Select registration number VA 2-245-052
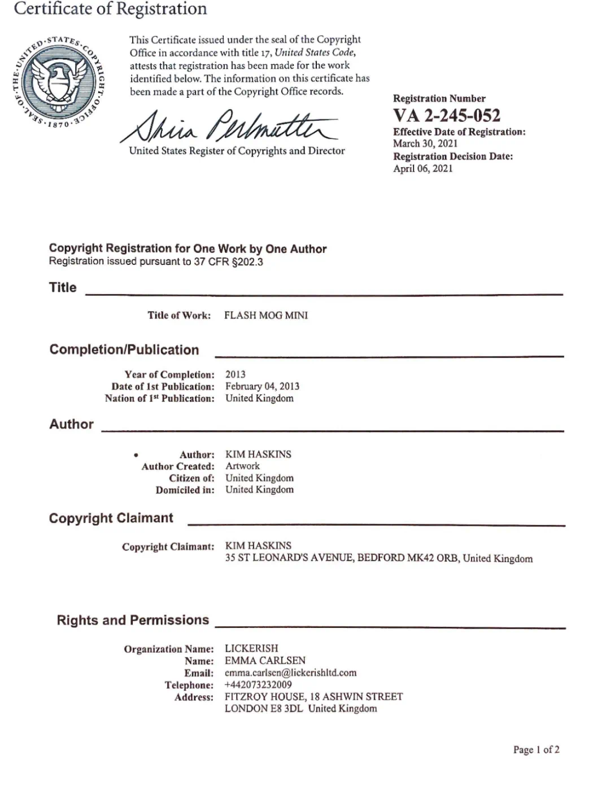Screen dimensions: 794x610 (447, 116)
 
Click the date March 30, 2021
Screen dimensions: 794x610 (425, 143)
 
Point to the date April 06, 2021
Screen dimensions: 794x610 (423, 168)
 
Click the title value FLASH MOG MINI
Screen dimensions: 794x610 (266, 315)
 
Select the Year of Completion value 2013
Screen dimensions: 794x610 (236, 374)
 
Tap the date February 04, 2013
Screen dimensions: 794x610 (262, 386)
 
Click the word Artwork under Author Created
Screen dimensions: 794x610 (243, 466)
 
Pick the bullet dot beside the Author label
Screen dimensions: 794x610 (136, 455)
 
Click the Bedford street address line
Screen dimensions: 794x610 (378, 558)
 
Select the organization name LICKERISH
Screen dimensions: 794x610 (251, 648)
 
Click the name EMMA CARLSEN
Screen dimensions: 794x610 (265, 660)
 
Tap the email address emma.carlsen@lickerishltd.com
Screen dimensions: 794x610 (290, 673)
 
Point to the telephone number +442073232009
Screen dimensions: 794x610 (258, 684)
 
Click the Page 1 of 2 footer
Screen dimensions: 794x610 (536, 749)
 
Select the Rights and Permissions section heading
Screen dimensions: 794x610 (133, 620)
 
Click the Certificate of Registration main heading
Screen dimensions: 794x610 (111, 9)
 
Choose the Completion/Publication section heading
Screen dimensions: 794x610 (124, 350)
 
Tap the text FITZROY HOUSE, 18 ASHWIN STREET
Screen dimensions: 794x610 (313, 696)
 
